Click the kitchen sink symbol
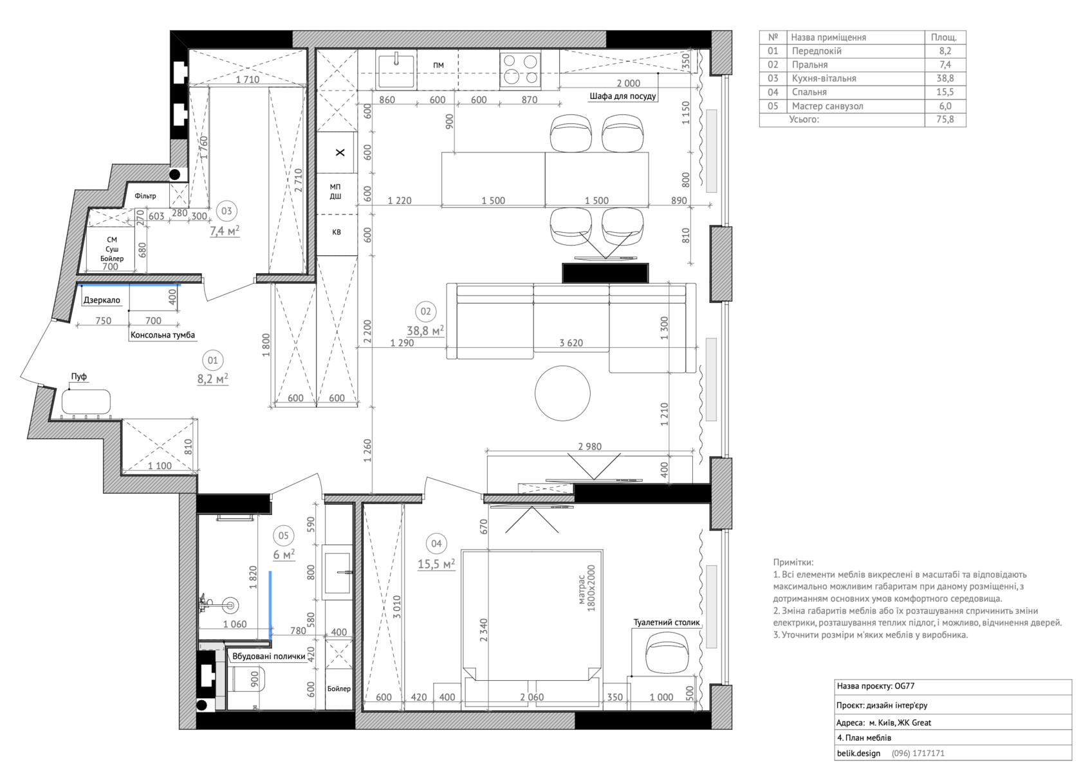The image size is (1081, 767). point(396,70)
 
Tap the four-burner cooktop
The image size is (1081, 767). point(520,70)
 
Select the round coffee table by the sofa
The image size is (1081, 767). point(562,393)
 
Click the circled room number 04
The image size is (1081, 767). point(436,544)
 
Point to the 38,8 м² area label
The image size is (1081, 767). point(425,330)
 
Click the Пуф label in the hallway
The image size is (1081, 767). point(79,377)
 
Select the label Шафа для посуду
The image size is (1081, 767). point(623,96)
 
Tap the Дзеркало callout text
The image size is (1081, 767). point(102,300)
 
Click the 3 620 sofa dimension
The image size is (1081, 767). point(571,343)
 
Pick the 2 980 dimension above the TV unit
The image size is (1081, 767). point(589,446)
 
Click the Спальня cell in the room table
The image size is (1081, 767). point(809,92)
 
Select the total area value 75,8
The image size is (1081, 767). point(945,119)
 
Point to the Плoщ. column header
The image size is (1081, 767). point(944,37)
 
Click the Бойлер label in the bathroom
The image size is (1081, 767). point(338,689)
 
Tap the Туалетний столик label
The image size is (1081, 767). point(667,622)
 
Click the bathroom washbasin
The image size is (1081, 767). point(338,573)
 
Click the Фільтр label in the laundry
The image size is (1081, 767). point(145,195)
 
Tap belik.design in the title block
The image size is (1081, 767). point(858,753)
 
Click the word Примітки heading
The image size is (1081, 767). point(793,562)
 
